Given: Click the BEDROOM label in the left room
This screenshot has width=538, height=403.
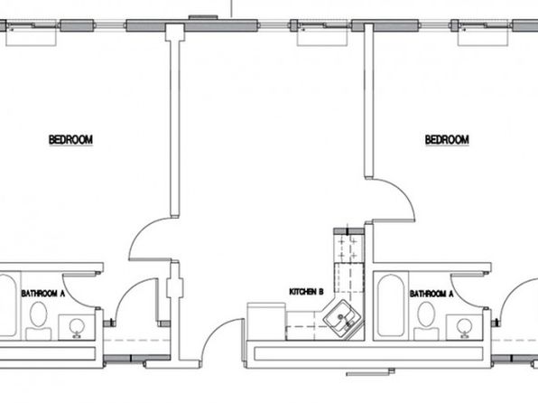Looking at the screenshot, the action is [x=70, y=140].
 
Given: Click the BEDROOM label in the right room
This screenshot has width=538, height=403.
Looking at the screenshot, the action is [x=447, y=140].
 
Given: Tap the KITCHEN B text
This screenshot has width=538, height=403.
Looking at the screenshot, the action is [x=306, y=292].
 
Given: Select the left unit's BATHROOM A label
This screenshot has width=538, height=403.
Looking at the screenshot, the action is [x=43, y=294].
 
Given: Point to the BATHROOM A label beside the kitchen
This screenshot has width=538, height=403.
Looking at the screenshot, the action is [x=431, y=294].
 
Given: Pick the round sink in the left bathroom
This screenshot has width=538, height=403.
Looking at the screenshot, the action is [x=77, y=327].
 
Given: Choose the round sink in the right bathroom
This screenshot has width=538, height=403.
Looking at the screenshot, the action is [x=464, y=327].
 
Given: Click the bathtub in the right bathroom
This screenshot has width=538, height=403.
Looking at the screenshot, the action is [x=391, y=305].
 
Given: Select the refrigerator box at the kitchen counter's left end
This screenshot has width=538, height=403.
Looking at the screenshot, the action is [x=266, y=322].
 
